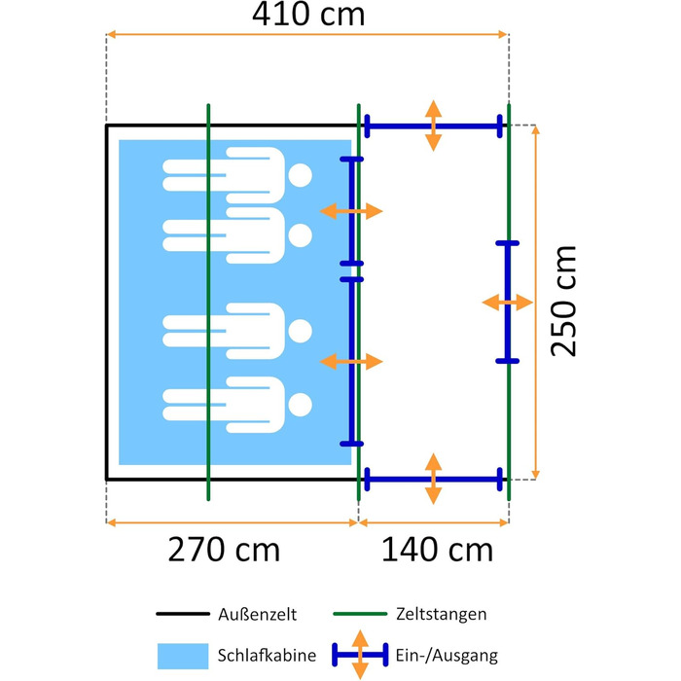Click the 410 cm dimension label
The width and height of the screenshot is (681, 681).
click(x=308, y=15)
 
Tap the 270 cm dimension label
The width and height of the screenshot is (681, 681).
click(x=224, y=550)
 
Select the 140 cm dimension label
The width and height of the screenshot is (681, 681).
click(x=437, y=550)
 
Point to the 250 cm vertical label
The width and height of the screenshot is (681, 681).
click(x=563, y=302)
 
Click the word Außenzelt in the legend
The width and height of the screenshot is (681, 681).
click(x=257, y=614)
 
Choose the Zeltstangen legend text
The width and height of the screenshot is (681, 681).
click(x=442, y=614)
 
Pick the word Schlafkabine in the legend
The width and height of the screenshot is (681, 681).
click(x=267, y=655)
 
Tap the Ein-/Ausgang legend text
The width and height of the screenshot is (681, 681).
click(x=447, y=656)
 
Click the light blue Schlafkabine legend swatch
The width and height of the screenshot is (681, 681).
click(x=183, y=656)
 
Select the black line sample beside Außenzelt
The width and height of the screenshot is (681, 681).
click(x=183, y=614)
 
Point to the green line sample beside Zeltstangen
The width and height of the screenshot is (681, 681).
click(x=360, y=614)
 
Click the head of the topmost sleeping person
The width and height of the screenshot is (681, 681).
click(x=300, y=175)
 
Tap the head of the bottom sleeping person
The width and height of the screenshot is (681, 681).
click(x=300, y=405)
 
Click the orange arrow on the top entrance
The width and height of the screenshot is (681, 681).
click(x=434, y=125)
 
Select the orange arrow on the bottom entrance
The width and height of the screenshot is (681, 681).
click(x=434, y=479)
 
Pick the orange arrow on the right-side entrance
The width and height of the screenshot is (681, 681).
click(x=507, y=303)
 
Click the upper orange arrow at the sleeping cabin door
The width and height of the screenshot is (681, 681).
click(x=351, y=211)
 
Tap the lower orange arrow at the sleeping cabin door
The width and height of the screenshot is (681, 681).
click(x=351, y=361)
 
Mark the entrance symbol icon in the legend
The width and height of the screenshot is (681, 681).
click(x=360, y=655)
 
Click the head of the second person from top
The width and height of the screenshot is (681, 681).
click(x=300, y=235)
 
